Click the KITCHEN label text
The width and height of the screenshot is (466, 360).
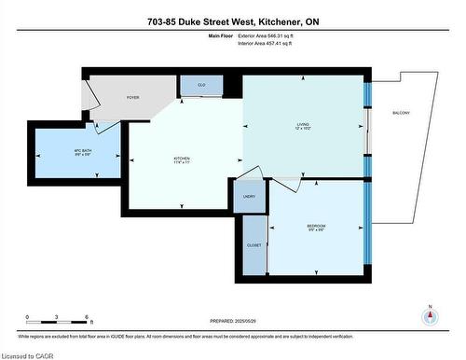[x=181, y=159]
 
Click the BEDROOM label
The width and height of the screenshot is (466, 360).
[x=316, y=225]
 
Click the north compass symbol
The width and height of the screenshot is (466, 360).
[x=430, y=315]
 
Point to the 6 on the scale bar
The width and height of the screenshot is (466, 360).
[x=87, y=317]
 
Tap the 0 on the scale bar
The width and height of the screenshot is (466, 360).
[x=28, y=317]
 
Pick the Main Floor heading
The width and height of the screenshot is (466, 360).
[x=216, y=35]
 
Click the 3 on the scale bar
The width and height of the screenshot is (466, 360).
[x=58, y=317]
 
